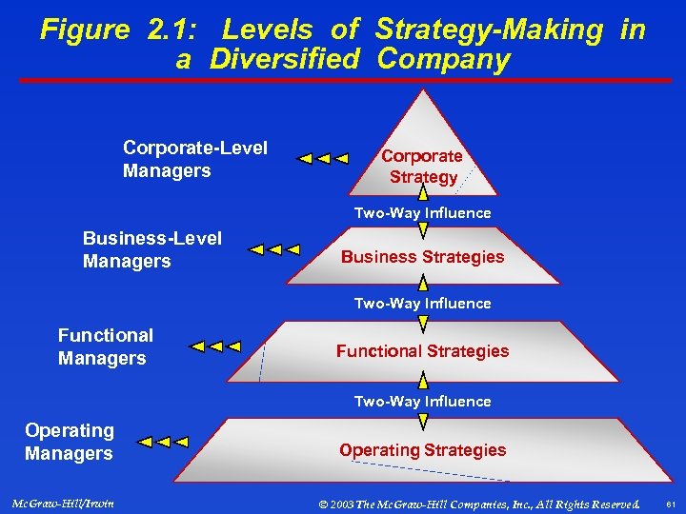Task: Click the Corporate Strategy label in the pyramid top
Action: (x=422, y=167)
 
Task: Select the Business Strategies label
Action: (x=422, y=257)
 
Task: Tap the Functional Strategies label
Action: (x=422, y=351)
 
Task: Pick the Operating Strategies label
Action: (x=422, y=450)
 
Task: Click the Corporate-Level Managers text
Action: (x=194, y=160)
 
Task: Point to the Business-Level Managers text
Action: (x=152, y=249)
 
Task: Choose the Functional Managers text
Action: (x=105, y=346)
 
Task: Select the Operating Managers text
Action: (x=69, y=443)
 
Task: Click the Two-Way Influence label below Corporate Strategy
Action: (x=422, y=213)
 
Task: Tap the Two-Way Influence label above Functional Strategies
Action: (x=422, y=304)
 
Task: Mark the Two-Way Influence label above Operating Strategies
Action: (x=422, y=402)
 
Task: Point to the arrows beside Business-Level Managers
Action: (x=272, y=250)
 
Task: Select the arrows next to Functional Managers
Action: (x=215, y=346)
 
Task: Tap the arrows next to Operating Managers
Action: (x=163, y=443)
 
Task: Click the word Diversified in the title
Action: (x=285, y=60)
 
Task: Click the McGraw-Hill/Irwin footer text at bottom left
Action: (x=65, y=503)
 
